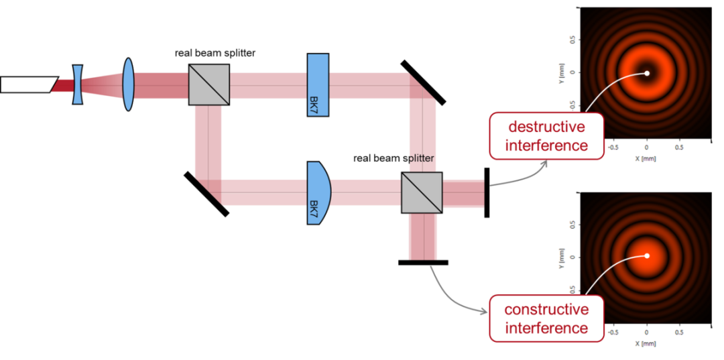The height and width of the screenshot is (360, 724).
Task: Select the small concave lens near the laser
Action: coord(78,84)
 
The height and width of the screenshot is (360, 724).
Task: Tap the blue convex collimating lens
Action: coord(128,84)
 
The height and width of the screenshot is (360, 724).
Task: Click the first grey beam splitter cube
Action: coord(208,84)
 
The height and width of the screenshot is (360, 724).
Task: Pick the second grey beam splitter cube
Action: coord(422,192)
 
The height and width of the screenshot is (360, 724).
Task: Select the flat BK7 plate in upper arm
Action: coord(318,84)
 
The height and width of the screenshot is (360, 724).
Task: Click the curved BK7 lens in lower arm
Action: coord(318,192)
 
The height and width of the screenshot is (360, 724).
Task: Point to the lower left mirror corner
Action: coord(209,190)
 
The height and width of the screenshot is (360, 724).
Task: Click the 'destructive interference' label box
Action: coord(546,136)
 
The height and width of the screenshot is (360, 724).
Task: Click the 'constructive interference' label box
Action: coord(546,318)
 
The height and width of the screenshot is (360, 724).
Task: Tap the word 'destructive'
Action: coord(546,127)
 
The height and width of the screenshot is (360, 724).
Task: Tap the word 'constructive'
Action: coord(546,310)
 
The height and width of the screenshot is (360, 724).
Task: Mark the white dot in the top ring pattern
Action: coord(647,73)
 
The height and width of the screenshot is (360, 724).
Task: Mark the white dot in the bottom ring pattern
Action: coord(647,255)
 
